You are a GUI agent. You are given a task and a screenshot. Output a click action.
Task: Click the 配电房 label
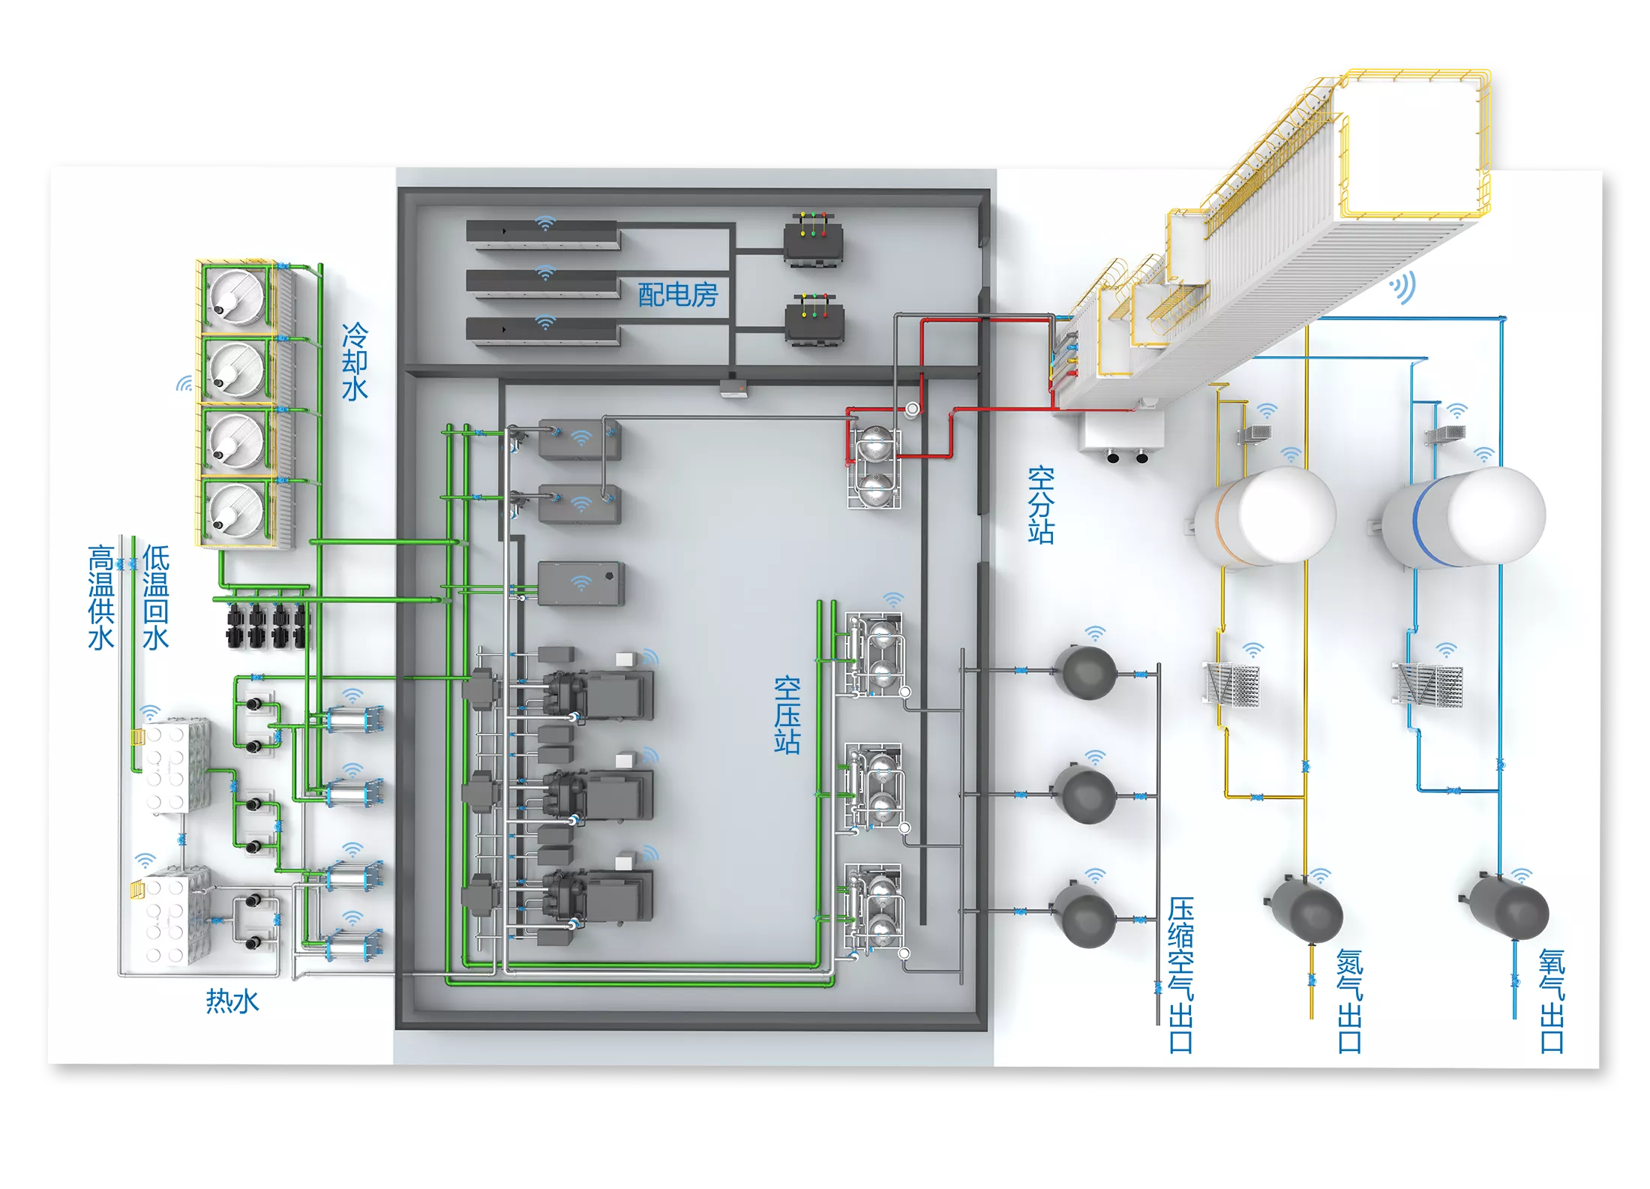point(678,295)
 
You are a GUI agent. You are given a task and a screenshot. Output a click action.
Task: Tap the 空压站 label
point(787,715)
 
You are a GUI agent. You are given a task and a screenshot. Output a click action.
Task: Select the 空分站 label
point(1041,505)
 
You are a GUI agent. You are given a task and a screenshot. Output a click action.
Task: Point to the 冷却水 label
point(355,362)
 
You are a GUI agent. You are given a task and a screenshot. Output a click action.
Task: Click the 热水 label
point(232,1001)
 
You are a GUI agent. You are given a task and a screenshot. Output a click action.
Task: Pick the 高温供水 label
point(101,597)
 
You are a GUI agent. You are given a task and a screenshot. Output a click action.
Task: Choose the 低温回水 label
point(156,597)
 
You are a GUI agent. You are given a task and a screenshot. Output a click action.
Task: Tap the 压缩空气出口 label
point(1180,974)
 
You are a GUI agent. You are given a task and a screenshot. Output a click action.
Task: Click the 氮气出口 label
point(1349,1001)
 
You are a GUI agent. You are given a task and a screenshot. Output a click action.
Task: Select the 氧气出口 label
point(1552,1001)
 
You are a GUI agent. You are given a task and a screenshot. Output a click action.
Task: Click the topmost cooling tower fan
point(237,296)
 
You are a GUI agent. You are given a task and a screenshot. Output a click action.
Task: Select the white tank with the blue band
point(1462,518)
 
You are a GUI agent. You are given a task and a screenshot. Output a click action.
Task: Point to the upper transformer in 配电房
point(814,240)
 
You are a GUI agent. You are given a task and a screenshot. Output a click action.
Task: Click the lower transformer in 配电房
point(814,321)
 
